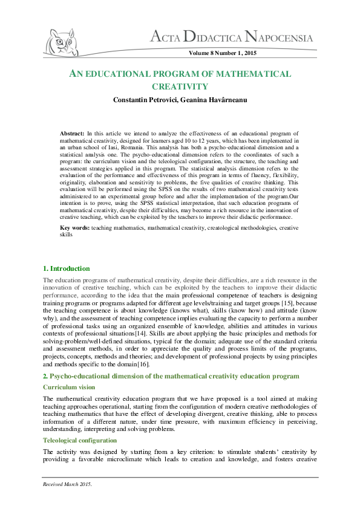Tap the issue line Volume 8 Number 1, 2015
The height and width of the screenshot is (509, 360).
(223, 54)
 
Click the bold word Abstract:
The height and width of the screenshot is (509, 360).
(72, 132)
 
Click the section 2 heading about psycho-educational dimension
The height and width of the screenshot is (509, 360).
(171, 375)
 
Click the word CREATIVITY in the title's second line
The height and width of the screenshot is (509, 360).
(179, 86)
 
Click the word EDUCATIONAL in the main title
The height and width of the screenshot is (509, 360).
(117, 74)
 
